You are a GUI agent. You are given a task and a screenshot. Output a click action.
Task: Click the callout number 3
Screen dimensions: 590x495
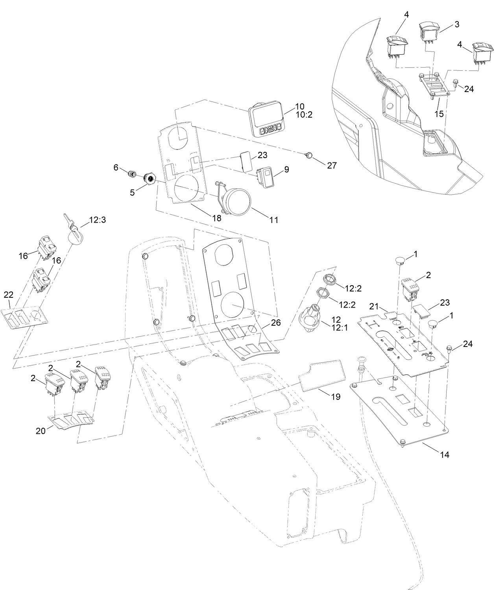pyautogui.click(x=456, y=24)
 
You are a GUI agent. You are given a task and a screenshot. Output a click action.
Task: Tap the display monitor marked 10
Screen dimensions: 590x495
pyautogui.click(x=266, y=119)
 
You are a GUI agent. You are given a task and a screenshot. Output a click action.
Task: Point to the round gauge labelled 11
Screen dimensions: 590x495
pyautogui.click(x=235, y=200)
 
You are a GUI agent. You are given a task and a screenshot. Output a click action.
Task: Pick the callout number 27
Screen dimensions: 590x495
pyautogui.click(x=332, y=166)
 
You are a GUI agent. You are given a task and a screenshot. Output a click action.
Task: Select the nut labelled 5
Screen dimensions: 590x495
pyautogui.click(x=150, y=178)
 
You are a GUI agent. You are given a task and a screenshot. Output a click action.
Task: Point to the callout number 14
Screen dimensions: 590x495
pyautogui.click(x=444, y=455)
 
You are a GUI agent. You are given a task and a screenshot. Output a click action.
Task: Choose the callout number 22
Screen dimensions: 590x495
pyautogui.click(x=9, y=295)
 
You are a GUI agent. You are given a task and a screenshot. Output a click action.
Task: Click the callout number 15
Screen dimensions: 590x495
pyautogui.click(x=439, y=114)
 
